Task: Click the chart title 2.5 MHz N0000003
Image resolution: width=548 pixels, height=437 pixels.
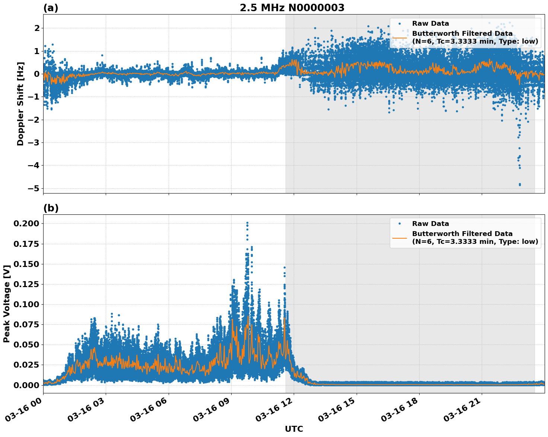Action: click(292, 8)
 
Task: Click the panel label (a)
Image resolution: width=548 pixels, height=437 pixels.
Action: click(51, 8)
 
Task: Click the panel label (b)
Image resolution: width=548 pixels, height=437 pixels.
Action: click(51, 208)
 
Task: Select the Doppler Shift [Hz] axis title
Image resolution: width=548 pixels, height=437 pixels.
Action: click(20, 104)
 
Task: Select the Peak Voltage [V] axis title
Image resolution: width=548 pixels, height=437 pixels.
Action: click(6, 304)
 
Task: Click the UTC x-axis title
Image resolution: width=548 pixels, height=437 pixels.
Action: click(294, 429)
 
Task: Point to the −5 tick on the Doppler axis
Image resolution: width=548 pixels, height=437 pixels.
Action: click(34, 188)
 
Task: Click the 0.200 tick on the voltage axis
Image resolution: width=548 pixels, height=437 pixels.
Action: click(26, 224)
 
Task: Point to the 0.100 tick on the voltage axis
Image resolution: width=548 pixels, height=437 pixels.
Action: click(26, 304)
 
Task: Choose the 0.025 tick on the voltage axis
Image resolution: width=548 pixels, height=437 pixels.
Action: click(26, 365)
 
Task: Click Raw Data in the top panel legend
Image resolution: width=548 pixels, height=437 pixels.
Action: click(430, 23)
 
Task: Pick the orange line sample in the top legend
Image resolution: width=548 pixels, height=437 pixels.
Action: click(399, 37)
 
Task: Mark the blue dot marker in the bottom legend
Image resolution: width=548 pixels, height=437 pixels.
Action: click(399, 224)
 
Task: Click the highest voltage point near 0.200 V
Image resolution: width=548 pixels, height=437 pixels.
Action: click(247, 223)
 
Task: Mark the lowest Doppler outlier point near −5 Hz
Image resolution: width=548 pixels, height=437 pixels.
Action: click(520, 185)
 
